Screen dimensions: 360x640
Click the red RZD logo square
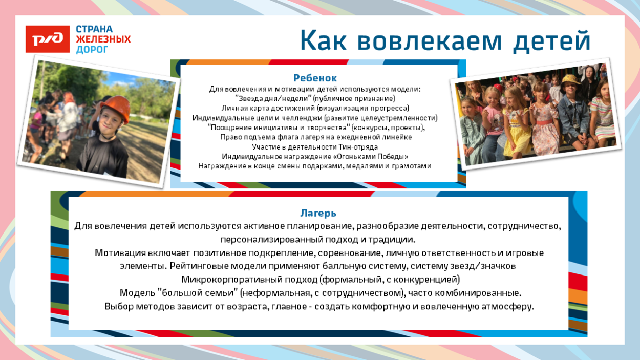click(x=48, y=39)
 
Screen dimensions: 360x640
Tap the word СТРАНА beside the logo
click(x=94, y=29)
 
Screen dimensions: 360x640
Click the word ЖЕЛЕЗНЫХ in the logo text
click(x=103, y=39)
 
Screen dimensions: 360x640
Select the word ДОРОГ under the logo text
click(x=92, y=50)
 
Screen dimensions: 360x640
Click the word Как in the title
click(x=321, y=41)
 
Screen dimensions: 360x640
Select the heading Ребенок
click(x=315, y=78)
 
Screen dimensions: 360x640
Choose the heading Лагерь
click(x=318, y=213)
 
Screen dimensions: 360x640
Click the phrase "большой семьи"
click(x=200, y=293)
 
